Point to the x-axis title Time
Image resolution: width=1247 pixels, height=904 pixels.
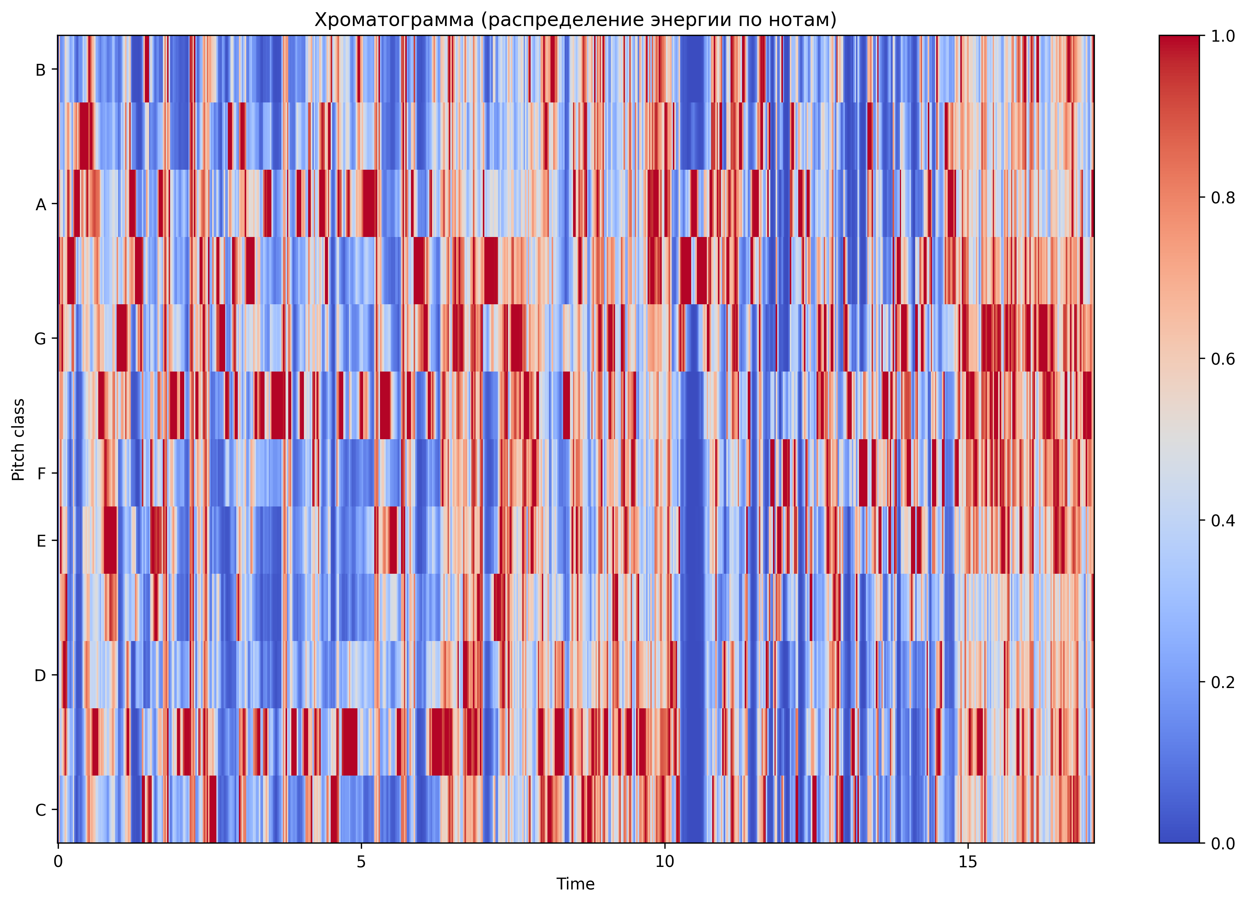pyautogui.click(x=575, y=884)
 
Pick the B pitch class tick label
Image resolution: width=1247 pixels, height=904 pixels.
pyautogui.click(x=40, y=70)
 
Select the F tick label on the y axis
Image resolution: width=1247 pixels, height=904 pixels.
pyautogui.click(x=42, y=474)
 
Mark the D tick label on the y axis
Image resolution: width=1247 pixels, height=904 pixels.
pyautogui.click(x=40, y=675)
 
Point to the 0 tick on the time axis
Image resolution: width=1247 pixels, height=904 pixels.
pyautogui.click(x=58, y=861)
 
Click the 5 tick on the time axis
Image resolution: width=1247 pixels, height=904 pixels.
pyautogui.click(x=361, y=861)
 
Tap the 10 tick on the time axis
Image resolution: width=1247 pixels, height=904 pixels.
pyautogui.click(x=664, y=861)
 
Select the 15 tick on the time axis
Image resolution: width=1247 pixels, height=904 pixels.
pyautogui.click(x=968, y=861)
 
